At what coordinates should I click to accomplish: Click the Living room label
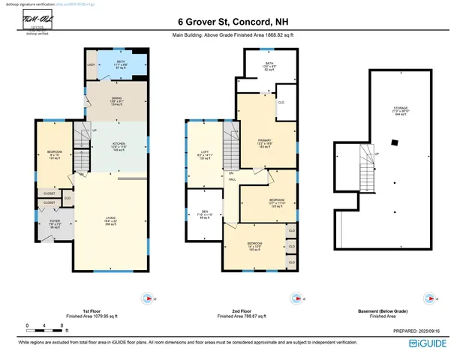coord(110,220)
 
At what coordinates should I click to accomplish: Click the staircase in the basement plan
coord(367,162)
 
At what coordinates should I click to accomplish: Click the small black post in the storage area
coord(395,142)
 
